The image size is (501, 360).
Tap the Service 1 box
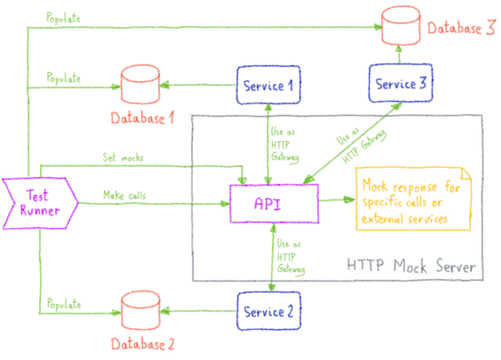click(x=268, y=84)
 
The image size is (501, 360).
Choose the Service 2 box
click(x=268, y=312)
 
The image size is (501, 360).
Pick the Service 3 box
click(x=398, y=84)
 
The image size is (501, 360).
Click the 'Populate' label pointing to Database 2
click(x=63, y=304)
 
